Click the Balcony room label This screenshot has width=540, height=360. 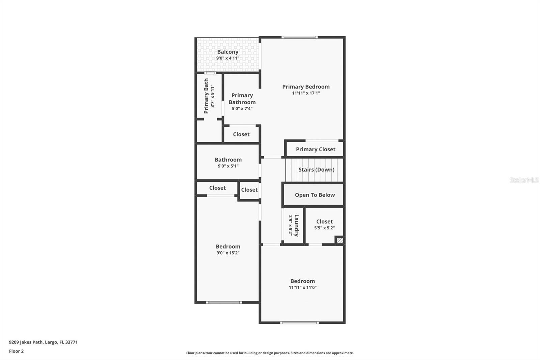coord(227,52)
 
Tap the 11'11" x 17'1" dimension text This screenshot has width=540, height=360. coord(306,93)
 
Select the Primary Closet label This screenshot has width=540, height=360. coord(316,149)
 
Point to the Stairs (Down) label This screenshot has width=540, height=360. coord(316,170)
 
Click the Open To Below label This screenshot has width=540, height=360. coord(315,195)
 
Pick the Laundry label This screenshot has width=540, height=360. coord(297,225)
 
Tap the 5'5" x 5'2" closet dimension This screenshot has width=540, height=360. coord(324,228)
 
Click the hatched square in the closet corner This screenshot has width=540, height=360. coord(340,240)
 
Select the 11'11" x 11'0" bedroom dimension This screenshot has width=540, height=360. coord(302,287)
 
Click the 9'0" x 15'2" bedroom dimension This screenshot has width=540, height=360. coord(228,253)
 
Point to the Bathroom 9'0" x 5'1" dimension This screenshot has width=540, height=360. coord(228,166)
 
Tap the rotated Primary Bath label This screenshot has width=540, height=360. coord(206,96)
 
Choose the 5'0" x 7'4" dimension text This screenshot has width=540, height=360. coord(242,109)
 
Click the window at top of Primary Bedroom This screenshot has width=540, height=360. coord(300,37)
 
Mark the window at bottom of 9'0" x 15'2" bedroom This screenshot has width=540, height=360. coord(224,302)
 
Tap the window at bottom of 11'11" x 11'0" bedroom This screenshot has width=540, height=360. coord(299,323)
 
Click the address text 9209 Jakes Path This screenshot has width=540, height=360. coord(26,342)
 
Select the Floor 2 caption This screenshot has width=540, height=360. coord(17,351)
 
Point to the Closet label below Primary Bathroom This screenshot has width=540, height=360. coord(241,134)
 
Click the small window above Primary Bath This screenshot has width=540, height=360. coord(210,73)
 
